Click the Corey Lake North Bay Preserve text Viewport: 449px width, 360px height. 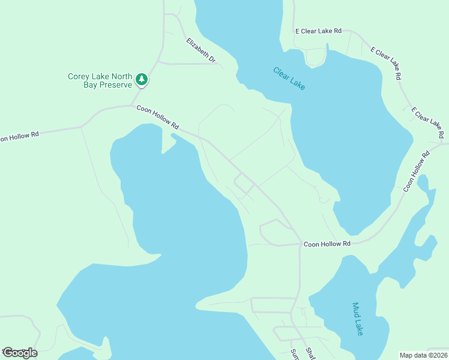pyautogui.click(x=99, y=80)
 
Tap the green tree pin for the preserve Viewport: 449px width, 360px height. pyautogui.click(x=142, y=79)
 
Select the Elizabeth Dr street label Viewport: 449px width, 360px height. pyautogui.click(x=200, y=50)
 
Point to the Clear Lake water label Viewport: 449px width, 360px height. pyautogui.click(x=289, y=78)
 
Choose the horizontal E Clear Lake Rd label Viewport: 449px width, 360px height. pyautogui.click(x=318, y=30)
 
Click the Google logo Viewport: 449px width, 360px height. pyautogui.click(x=19, y=353)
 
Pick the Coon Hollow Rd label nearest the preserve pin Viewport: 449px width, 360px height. pyautogui.click(x=158, y=118)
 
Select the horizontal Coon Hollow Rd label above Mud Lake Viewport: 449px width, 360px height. pyautogui.click(x=327, y=244)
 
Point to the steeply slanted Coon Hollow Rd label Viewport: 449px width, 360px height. pyautogui.click(x=417, y=171)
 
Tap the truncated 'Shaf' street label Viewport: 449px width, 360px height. pyautogui.click(x=310, y=353)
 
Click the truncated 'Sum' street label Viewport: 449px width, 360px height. pyautogui.click(x=294, y=354)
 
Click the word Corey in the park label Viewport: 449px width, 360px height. pyautogui.click(x=79, y=76)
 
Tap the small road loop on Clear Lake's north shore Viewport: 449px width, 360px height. pyautogui.click(x=315, y=58)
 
